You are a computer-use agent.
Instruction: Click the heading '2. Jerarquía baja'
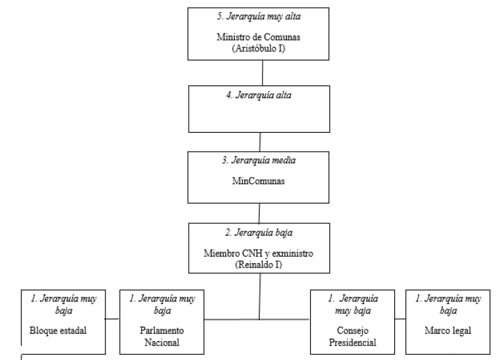click(x=260, y=232)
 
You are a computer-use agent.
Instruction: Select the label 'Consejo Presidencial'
click(x=351, y=335)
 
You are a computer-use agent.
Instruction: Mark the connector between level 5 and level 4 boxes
click(x=262, y=72)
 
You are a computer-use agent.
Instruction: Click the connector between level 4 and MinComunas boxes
click(x=260, y=142)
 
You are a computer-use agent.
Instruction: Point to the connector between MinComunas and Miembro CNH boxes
click(x=260, y=213)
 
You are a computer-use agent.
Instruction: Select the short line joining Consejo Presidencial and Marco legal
click(x=399, y=319)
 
